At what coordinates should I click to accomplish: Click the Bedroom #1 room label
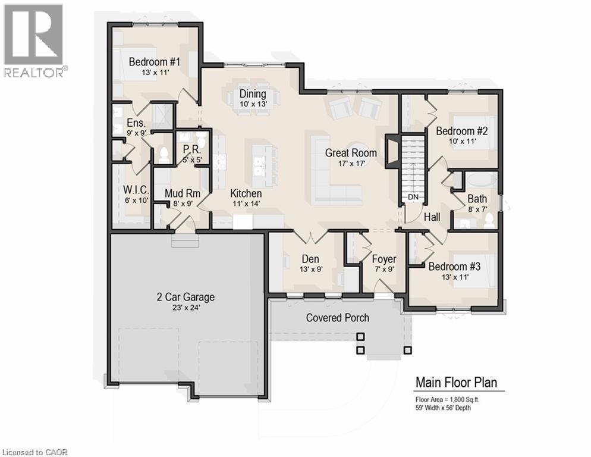[155, 61]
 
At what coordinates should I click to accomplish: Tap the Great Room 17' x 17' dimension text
[351, 164]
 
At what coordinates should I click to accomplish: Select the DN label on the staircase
[413, 197]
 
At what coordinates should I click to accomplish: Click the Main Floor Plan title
[456, 382]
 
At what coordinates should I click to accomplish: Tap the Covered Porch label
[337, 318]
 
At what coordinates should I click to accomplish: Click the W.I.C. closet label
[135, 190]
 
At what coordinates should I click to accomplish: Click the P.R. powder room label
[191, 149]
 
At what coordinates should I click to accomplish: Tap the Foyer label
[384, 259]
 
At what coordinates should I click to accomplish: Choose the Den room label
[310, 259]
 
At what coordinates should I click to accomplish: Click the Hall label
[432, 218]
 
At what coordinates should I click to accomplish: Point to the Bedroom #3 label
[454, 267]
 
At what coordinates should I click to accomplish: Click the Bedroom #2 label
[462, 131]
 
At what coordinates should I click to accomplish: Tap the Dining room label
[253, 93]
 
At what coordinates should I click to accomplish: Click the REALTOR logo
[34, 40]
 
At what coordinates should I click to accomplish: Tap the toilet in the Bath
[489, 220]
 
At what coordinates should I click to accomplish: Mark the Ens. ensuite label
[136, 123]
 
